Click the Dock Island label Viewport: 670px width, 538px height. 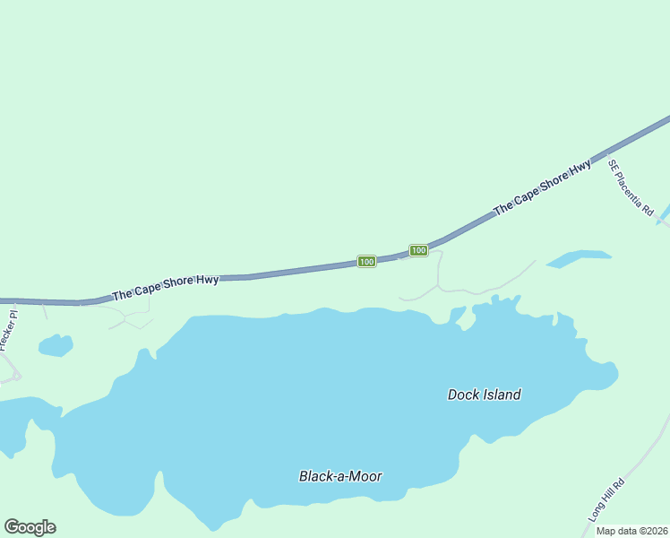[484, 395]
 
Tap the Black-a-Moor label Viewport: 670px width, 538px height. [340, 476]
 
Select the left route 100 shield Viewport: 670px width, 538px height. [365, 261]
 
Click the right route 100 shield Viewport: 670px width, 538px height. [418, 250]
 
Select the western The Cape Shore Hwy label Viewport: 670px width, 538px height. [165, 288]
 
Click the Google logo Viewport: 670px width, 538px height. [30, 527]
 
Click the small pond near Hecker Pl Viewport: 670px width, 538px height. [55, 345]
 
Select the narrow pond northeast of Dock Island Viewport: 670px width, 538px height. [578, 258]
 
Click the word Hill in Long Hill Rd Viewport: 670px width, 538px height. [607, 500]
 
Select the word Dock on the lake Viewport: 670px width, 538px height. [462, 395]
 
